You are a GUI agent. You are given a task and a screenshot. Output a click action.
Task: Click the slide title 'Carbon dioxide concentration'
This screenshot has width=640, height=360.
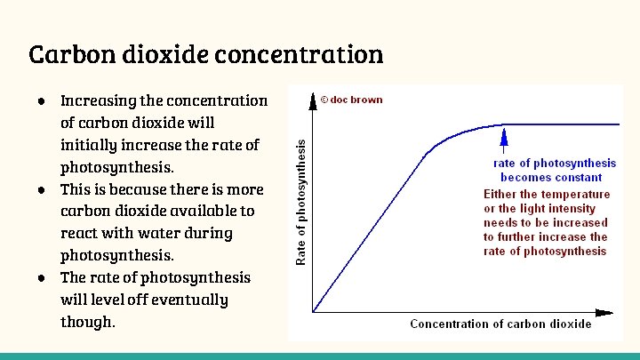click(206, 55)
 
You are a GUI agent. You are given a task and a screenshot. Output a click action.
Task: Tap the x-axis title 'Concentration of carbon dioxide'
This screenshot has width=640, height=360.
click(500, 324)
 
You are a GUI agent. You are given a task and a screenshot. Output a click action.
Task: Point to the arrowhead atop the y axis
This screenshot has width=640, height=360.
click(313, 98)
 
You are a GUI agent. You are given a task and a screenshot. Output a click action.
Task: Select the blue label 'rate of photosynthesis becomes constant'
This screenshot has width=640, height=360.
click(555, 170)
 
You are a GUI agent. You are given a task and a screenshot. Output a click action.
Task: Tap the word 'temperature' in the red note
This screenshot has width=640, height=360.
click(577, 194)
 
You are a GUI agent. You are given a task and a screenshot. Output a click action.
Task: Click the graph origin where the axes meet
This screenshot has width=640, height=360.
click(313, 312)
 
